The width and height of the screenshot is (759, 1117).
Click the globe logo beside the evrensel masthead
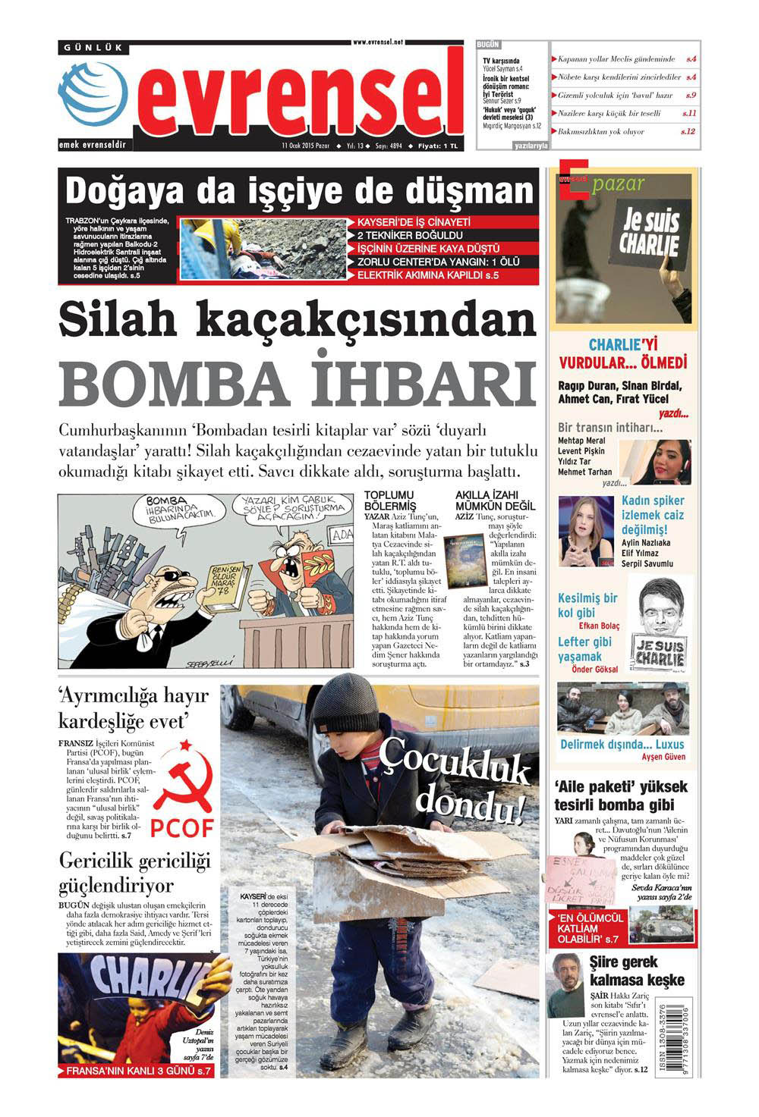[x=93, y=94]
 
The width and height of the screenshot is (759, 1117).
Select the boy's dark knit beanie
[x=346, y=705]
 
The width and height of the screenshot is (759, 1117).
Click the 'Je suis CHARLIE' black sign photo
[x=649, y=232]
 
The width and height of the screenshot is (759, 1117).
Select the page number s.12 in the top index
[x=688, y=131]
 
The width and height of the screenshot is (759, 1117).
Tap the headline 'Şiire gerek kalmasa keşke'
[x=637, y=971]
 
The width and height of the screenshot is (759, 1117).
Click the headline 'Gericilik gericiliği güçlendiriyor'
[x=134, y=873]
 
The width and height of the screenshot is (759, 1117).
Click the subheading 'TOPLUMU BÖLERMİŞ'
[x=390, y=500]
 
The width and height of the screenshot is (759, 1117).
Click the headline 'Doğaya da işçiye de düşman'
[x=299, y=191]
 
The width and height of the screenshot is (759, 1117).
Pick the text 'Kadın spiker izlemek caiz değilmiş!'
[x=652, y=515]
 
